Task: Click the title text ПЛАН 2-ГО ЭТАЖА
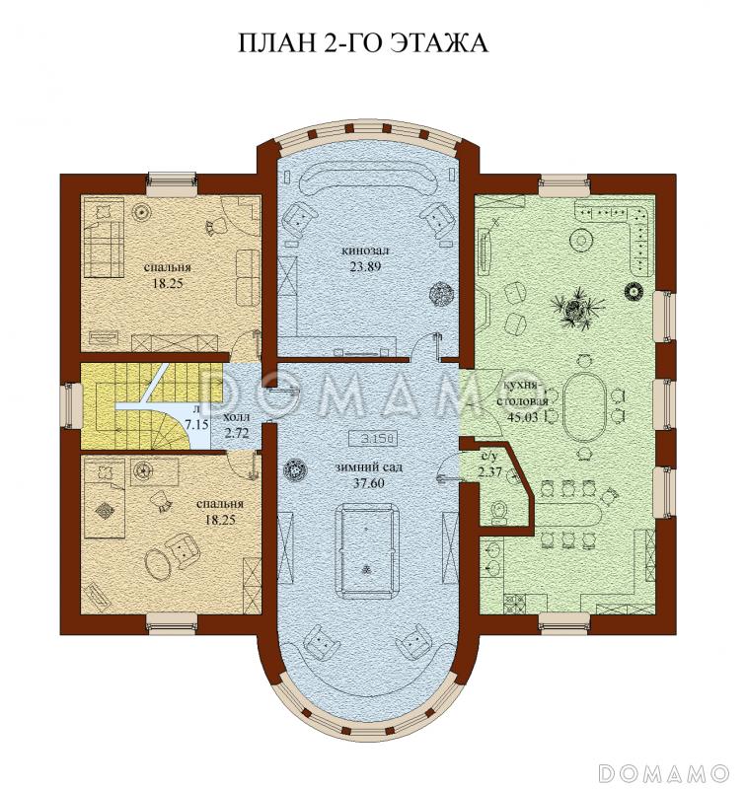363,43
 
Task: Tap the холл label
237,417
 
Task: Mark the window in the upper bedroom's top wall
174,180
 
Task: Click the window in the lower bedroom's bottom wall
174,620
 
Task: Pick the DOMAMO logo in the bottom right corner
666,769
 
